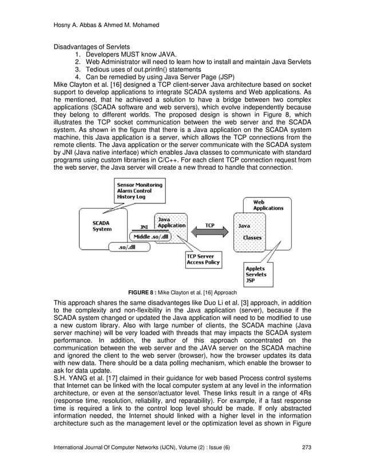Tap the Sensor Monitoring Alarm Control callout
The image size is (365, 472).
coord(139,190)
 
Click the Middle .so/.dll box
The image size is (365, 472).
coord(149,236)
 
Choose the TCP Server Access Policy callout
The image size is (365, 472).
coord(203,260)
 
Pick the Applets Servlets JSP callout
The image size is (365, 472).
coord(256,274)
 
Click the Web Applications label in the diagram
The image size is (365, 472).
coord(268,205)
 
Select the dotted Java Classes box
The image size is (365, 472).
coord(252,231)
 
